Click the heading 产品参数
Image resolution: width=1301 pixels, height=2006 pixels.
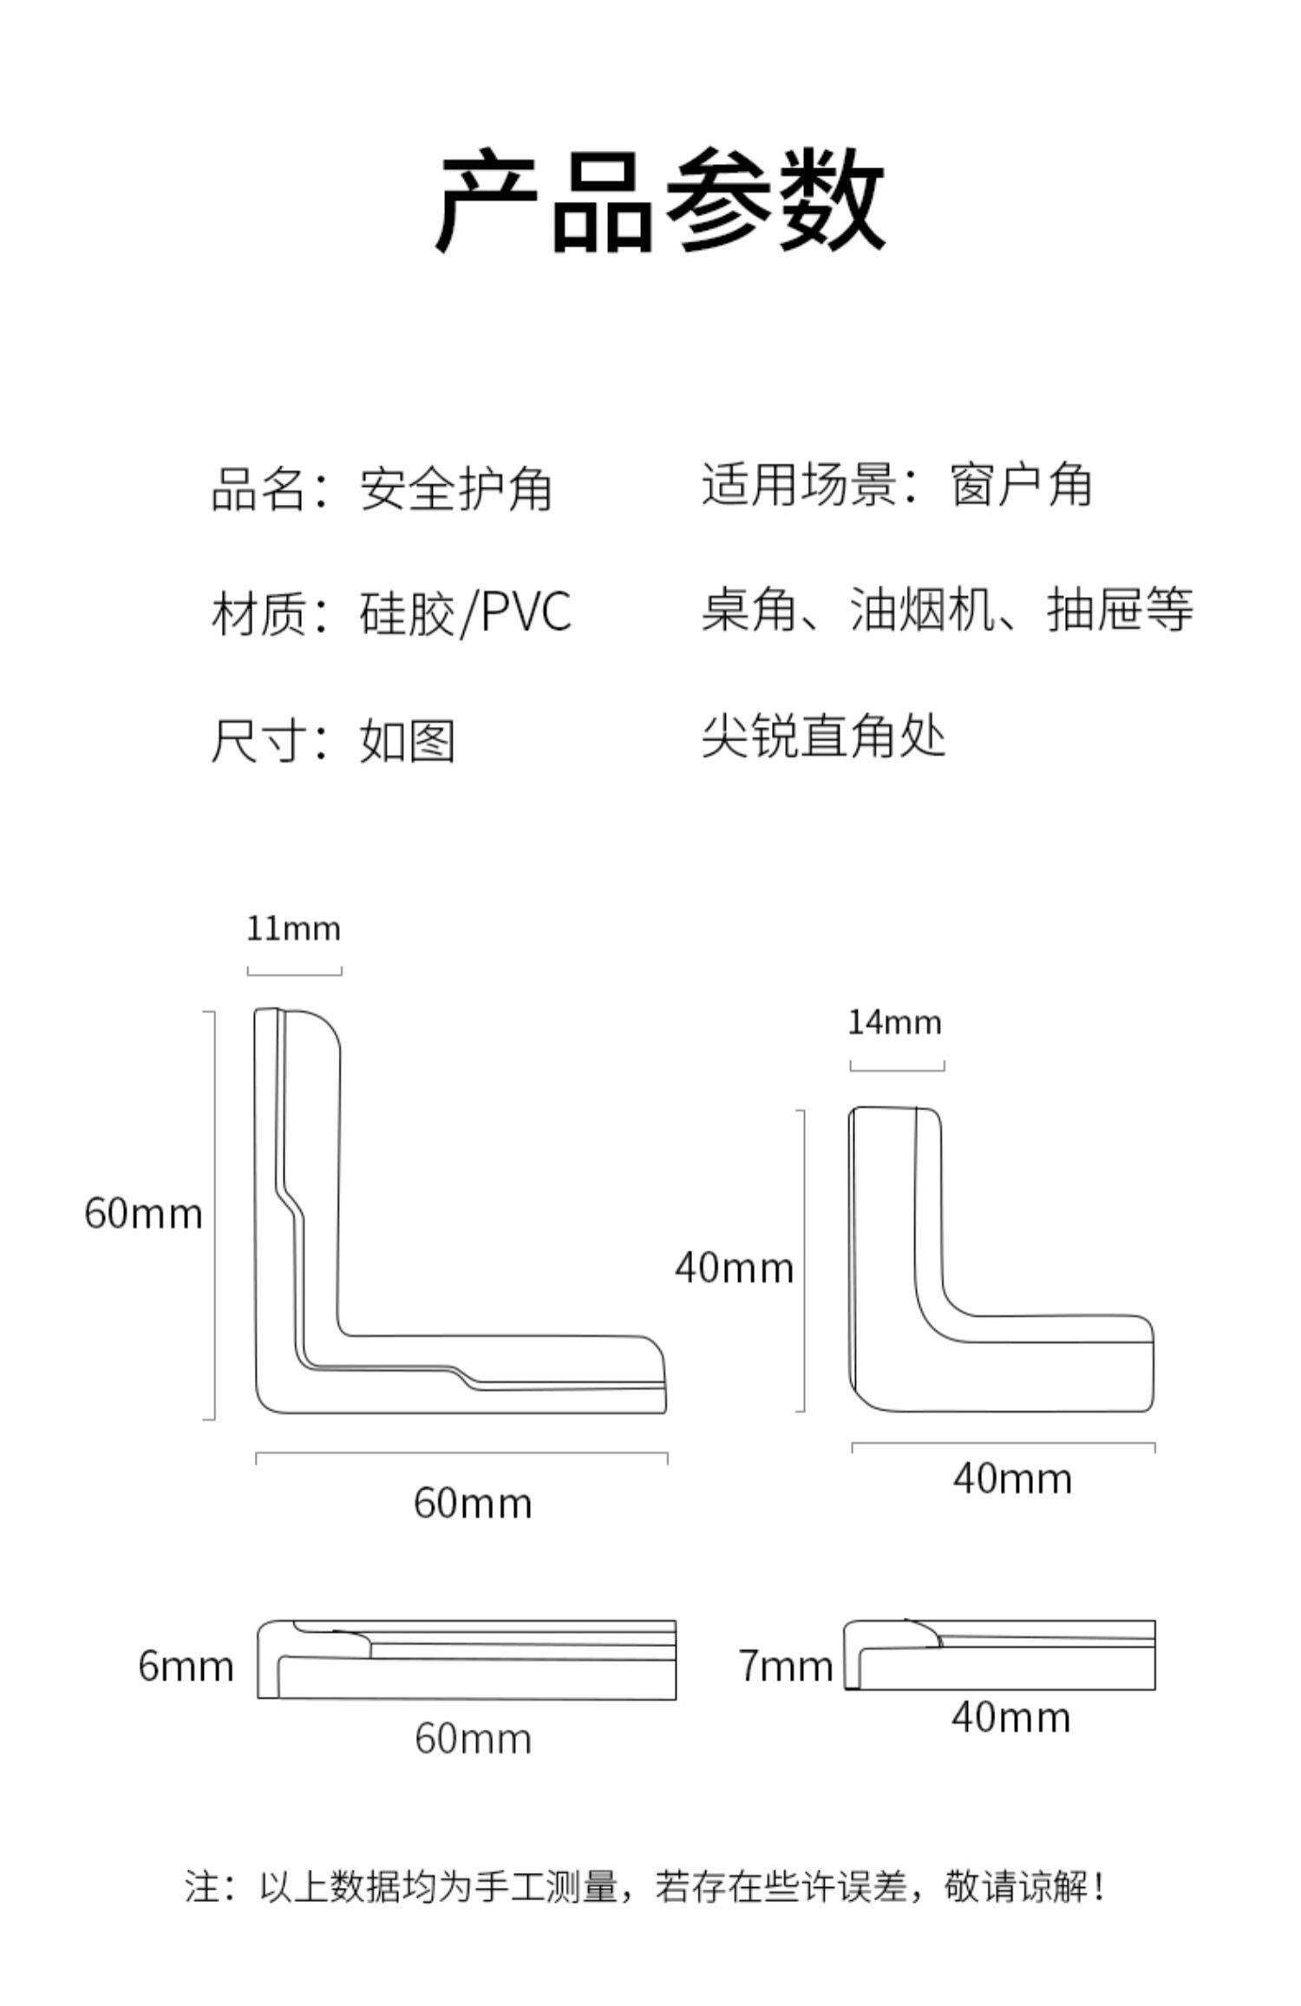click(x=660, y=200)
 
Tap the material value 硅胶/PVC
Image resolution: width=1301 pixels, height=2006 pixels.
click(x=466, y=613)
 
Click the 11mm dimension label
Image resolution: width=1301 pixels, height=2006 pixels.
click(x=293, y=929)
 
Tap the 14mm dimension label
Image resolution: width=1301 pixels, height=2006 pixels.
click(x=894, y=1022)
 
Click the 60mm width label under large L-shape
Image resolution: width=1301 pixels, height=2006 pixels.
click(x=473, y=1503)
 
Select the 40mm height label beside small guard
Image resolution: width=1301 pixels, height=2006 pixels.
click(x=735, y=1268)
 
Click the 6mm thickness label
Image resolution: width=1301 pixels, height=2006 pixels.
click(x=186, y=1667)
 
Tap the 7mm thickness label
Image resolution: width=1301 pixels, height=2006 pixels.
click(x=786, y=1667)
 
